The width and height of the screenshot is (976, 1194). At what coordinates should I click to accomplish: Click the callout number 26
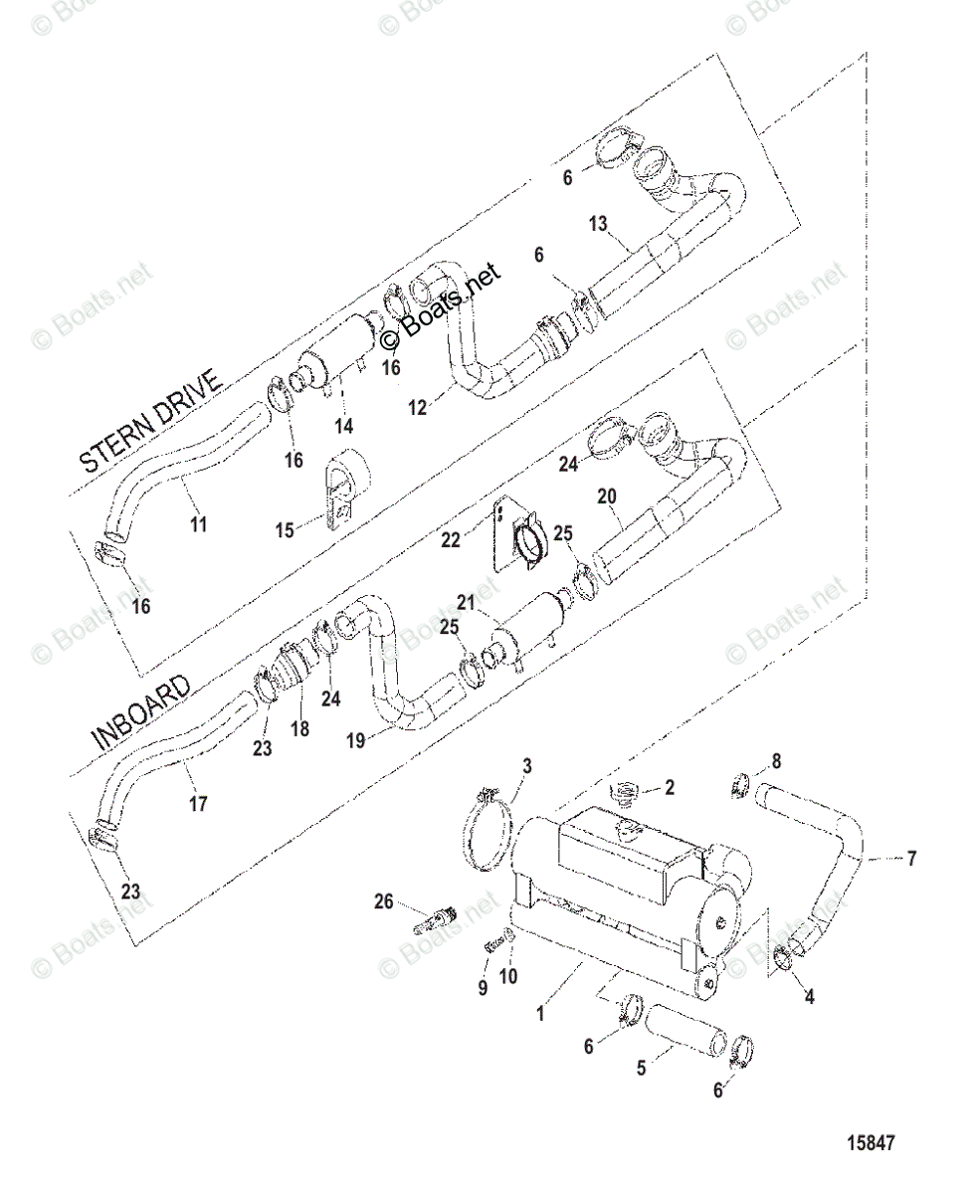coord(382,903)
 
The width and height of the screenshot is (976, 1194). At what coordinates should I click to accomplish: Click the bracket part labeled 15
coord(340,488)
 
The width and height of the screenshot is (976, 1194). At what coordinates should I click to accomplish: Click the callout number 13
coord(625,224)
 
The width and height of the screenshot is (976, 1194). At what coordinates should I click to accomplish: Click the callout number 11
coord(199,523)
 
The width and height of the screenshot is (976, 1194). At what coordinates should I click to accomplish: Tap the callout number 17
coord(199,802)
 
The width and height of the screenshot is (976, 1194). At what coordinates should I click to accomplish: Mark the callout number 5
coord(641,1068)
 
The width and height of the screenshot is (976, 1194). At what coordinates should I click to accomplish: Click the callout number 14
coord(343,427)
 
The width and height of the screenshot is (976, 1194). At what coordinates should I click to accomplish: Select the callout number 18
coord(298,728)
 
